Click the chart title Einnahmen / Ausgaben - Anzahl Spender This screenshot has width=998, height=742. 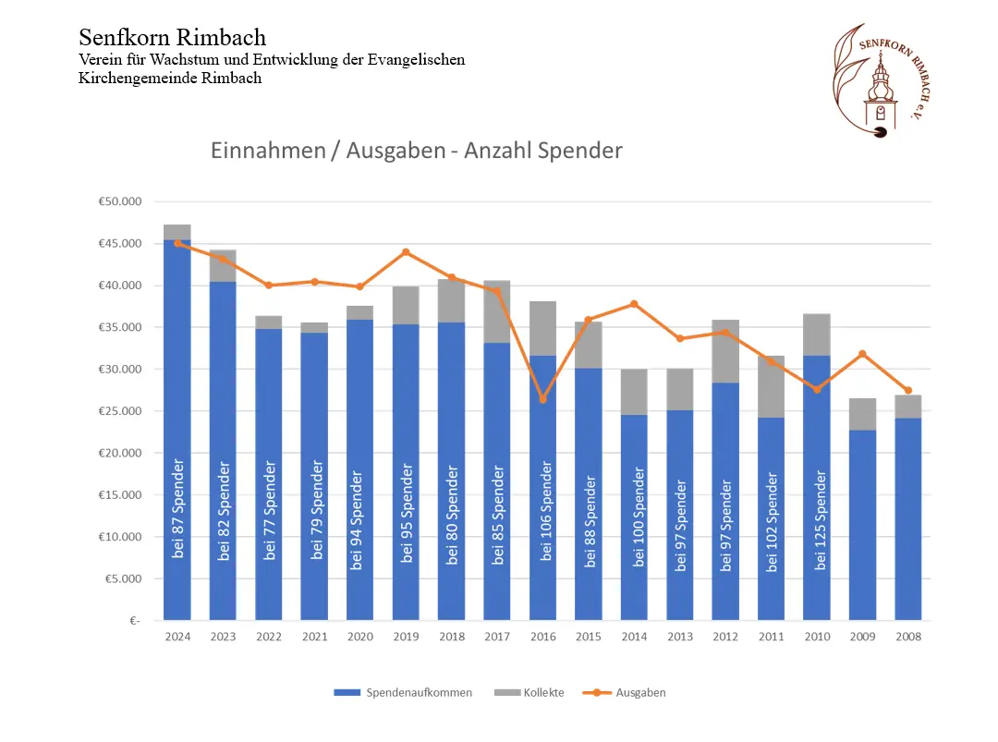pos(416,151)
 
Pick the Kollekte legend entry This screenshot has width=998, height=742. pos(530,692)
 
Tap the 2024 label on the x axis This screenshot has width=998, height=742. pos(176,636)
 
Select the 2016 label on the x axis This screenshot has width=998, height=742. pos(542,636)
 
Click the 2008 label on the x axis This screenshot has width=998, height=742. pos(908,636)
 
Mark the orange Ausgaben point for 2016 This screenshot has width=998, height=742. pos(542,399)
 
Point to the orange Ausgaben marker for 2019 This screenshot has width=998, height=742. pos(406,252)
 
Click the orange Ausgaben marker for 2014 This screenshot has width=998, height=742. pos(634,304)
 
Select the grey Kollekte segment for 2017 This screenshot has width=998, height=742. pos(497,311)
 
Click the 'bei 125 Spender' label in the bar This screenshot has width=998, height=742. pos(817,520)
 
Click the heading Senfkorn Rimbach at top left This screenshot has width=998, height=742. pos(173,38)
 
